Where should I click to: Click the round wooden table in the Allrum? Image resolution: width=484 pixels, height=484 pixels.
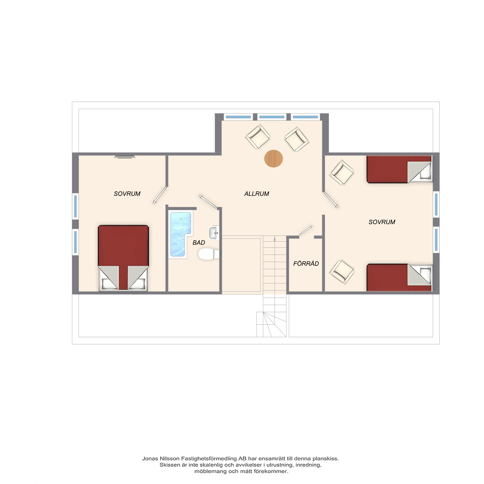273,159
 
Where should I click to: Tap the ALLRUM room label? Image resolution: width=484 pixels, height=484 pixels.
257,194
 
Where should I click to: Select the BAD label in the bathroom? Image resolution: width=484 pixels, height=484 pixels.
199,242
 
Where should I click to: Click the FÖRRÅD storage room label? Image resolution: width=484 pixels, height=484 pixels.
306,263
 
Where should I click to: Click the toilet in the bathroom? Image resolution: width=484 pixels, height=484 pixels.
208,254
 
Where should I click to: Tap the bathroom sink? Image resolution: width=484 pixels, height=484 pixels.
214,233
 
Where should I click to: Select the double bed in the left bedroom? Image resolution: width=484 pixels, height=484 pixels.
123,258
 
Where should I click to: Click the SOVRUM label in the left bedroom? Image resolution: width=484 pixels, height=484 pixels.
127,194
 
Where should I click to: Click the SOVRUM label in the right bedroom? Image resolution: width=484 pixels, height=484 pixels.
382,222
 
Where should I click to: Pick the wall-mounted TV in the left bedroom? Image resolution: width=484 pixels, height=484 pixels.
125,157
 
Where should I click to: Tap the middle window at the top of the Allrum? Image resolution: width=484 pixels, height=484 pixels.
272,117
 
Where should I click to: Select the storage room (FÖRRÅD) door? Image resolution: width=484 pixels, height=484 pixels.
306,230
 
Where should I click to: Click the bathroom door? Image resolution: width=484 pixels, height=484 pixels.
208,201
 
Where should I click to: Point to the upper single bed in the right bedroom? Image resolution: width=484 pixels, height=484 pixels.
399,169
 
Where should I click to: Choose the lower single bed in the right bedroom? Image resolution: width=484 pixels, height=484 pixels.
399,277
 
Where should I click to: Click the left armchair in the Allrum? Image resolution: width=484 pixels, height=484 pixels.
258,137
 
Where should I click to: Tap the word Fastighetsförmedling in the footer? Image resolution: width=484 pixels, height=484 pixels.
209,459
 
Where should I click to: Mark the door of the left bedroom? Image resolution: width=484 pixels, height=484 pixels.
160,195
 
